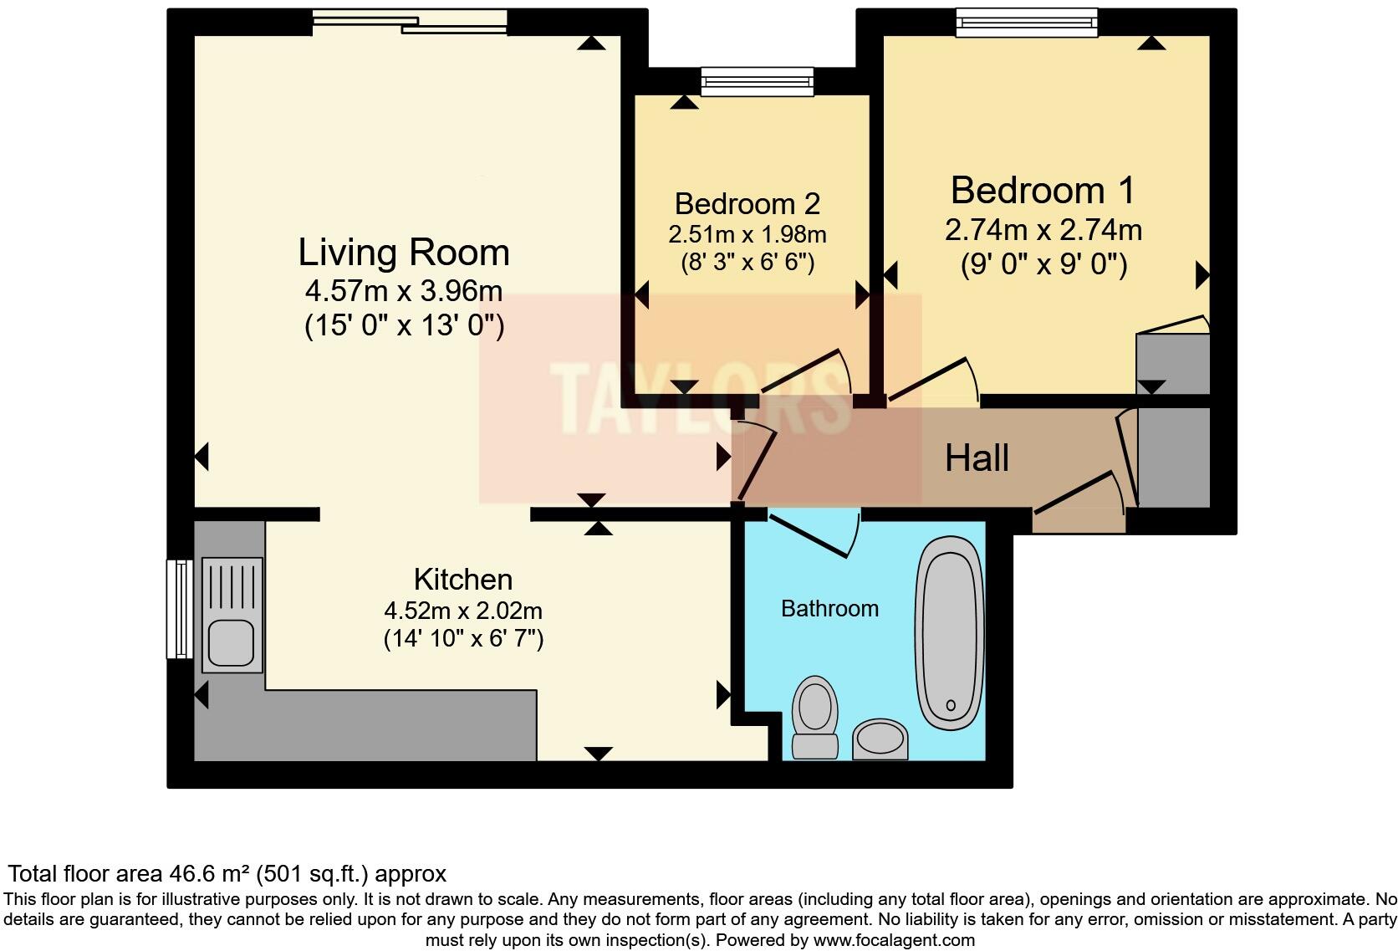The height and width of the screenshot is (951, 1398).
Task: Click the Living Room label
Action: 404,253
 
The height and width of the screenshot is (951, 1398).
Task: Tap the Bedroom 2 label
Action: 747,203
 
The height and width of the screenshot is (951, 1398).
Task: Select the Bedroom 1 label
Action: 1043,191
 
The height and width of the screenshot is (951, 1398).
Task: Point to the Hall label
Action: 977,458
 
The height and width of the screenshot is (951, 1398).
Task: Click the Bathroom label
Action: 829,608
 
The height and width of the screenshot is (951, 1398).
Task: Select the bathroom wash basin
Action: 880,739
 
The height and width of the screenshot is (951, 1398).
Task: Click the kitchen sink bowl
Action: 232,642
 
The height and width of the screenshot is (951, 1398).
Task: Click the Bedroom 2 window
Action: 757,81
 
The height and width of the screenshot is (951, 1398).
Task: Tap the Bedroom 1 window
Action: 1027,23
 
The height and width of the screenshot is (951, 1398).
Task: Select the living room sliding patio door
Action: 410,22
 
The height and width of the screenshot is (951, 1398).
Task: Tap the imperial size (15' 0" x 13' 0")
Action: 404,325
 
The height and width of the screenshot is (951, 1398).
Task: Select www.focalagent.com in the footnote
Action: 893,940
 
